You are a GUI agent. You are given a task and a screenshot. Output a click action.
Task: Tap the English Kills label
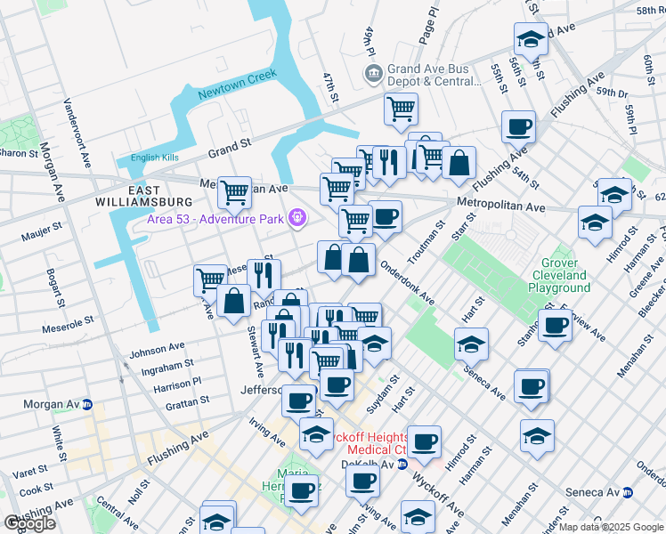(156, 158)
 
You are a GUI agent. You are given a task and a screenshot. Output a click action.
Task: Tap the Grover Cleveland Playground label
(559, 275)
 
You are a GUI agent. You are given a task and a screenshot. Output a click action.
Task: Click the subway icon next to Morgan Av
(86, 404)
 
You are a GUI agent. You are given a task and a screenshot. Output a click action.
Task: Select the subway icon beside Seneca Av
(628, 491)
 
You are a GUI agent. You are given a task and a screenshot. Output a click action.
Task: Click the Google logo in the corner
(29, 523)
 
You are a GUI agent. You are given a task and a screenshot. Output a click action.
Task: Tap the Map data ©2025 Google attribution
(611, 527)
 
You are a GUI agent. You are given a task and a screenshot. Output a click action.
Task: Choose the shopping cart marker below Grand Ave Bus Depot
(401, 109)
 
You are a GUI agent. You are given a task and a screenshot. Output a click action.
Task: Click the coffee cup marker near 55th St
(518, 126)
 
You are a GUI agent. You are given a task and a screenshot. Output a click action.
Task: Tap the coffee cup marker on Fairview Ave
(556, 325)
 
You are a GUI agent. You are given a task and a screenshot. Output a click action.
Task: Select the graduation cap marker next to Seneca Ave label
(472, 344)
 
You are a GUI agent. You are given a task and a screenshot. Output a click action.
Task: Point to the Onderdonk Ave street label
(407, 282)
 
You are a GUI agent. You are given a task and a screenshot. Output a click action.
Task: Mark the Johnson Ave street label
(157, 348)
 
